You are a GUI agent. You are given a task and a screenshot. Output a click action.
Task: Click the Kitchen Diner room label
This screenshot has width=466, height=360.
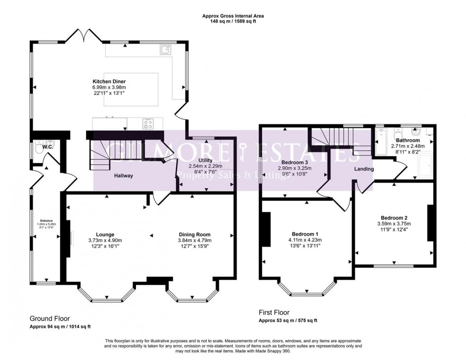(109, 81)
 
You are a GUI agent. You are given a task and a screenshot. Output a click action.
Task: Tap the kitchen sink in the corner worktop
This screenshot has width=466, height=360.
(166, 50)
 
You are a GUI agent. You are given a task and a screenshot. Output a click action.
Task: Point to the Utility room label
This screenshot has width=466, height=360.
(206, 160)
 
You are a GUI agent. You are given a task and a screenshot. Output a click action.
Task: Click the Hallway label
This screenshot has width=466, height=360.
(123, 175)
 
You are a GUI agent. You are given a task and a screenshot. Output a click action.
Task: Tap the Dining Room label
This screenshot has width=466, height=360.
(194, 234)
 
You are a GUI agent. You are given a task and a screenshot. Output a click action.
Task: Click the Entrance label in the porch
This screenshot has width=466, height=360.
(46, 221)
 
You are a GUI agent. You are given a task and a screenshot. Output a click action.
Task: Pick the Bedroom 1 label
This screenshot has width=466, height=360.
(305, 234)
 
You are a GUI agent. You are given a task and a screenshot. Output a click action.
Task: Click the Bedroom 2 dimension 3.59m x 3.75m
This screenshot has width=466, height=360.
(394, 224)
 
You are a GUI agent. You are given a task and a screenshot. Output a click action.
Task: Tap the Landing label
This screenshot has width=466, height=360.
(364, 169)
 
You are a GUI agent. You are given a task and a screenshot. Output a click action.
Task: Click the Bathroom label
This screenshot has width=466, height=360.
(408, 141)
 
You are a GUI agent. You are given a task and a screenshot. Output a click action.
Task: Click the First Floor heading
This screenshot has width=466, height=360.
(275, 312)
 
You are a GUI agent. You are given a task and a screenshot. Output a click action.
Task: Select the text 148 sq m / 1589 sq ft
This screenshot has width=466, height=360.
(233, 21)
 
